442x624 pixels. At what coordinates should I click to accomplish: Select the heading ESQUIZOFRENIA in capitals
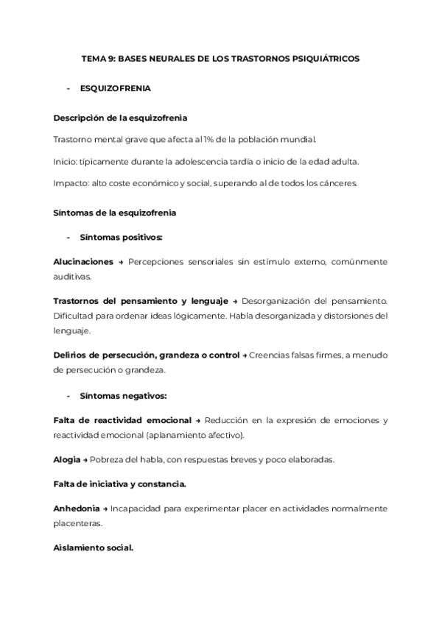(116, 89)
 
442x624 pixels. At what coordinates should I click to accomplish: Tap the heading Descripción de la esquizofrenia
(120, 118)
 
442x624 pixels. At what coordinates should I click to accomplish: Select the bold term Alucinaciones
(83, 262)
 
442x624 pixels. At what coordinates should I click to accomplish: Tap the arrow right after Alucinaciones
(121, 262)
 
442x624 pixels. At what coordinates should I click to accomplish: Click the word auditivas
(72, 277)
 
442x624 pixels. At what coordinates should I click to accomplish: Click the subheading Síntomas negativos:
(123, 396)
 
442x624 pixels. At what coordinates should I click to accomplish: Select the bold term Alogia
(67, 460)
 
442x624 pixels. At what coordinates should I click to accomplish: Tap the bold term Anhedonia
(77, 509)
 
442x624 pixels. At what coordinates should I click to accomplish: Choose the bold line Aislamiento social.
(94, 549)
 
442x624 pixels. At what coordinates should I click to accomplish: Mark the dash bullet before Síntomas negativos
(69, 396)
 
